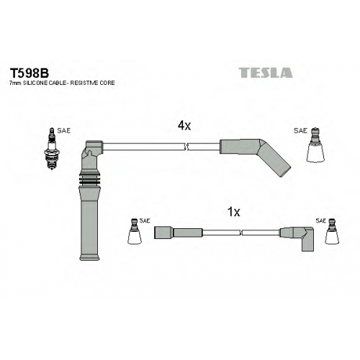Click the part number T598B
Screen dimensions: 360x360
click(x=30, y=73)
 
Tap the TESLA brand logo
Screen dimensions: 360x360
click(x=266, y=73)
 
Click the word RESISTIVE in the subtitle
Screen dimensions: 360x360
click(x=86, y=83)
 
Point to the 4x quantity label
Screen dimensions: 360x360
click(x=184, y=125)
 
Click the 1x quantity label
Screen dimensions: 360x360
click(x=233, y=212)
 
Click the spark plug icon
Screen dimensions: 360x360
click(x=52, y=149)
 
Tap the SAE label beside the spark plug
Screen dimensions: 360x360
click(x=64, y=131)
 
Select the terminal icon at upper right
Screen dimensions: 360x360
click(x=315, y=145)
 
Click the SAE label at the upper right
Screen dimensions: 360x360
click(x=300, y=130)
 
